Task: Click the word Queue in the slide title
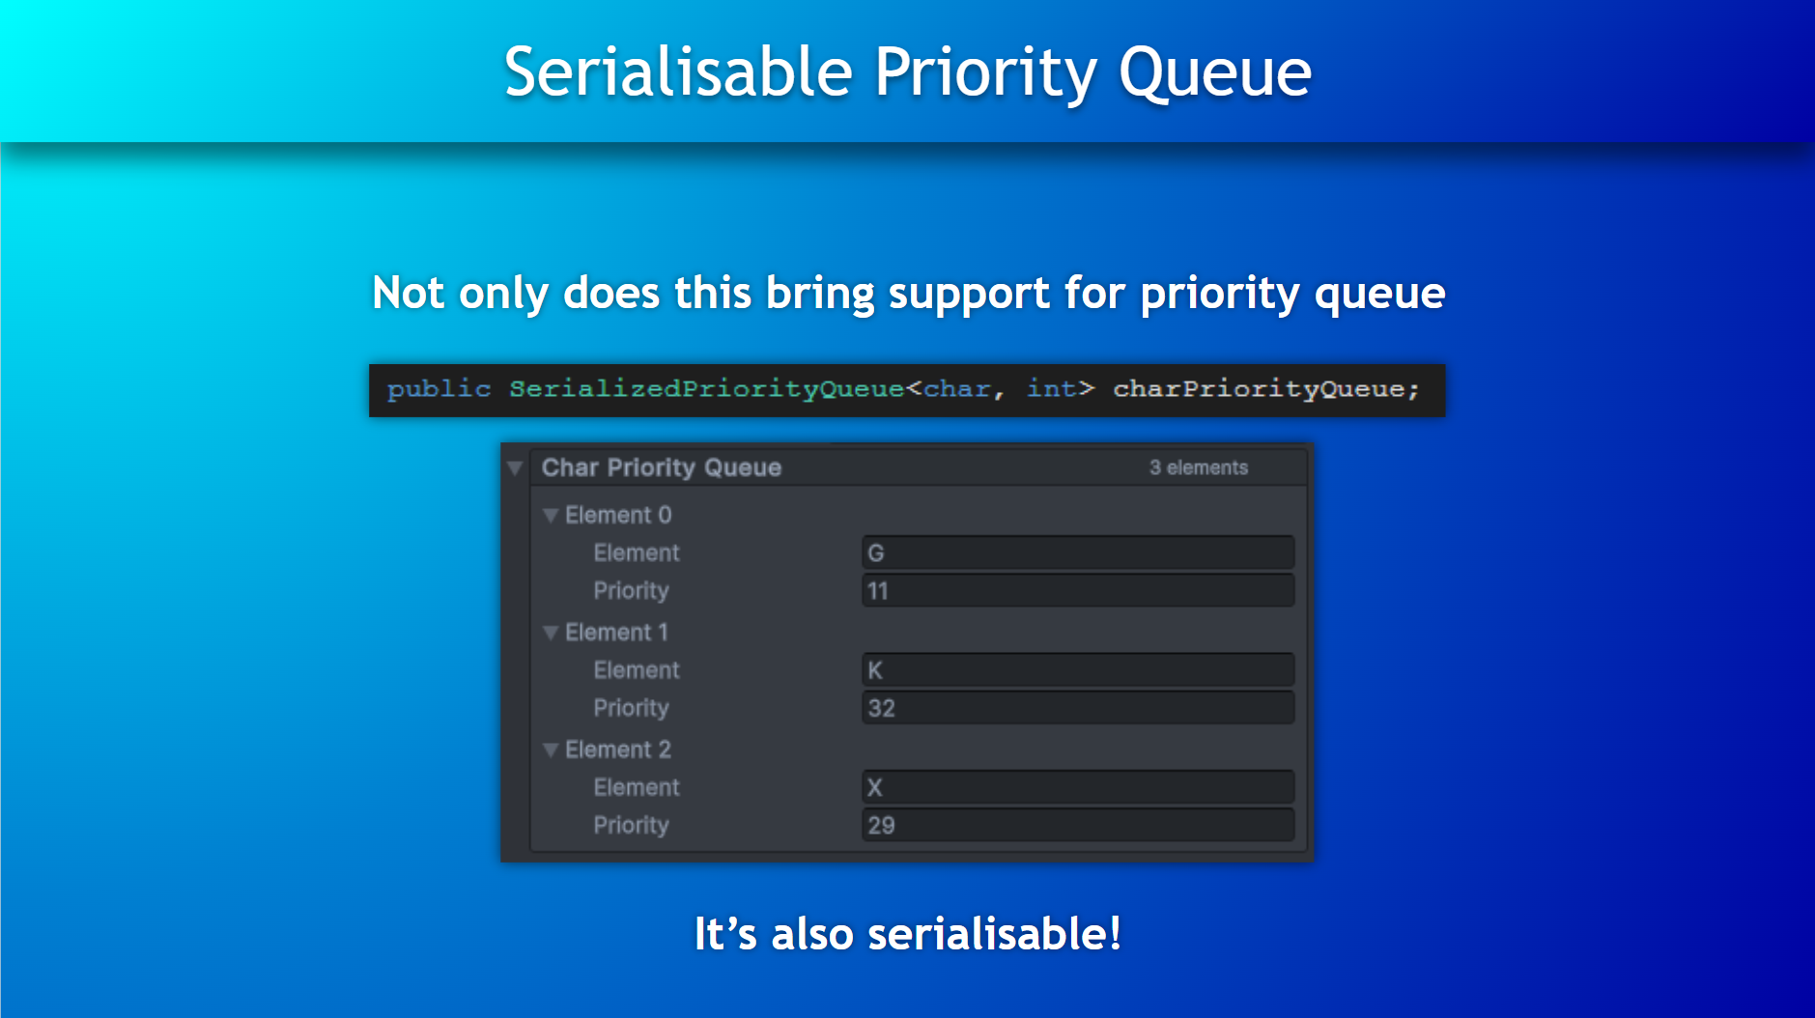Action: tap(1214, 73)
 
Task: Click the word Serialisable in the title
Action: tap(678, 71)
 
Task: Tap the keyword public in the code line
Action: tap(439, 389)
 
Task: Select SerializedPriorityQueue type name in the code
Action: tap(706, 389)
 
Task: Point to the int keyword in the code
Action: tap(1051, 388)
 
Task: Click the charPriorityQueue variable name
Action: tap(1259, 389)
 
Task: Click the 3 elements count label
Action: tap(1198, 467)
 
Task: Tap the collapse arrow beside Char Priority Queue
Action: tap(515, 468)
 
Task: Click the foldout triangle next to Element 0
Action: tap(551, 516)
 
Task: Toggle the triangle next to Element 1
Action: tap(551, 633)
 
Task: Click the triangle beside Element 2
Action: tap(551, 749)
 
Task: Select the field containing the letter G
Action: tap(1078, 552)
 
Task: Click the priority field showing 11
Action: tap(1078, 590)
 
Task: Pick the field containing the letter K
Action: tap(1078, 669)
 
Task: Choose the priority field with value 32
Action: tap(1078, 707)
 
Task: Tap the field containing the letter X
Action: tap(1078, 787)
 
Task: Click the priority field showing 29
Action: tap(1078, 825)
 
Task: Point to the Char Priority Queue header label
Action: tap(662, 467)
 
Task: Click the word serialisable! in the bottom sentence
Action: tap(995, 934)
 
